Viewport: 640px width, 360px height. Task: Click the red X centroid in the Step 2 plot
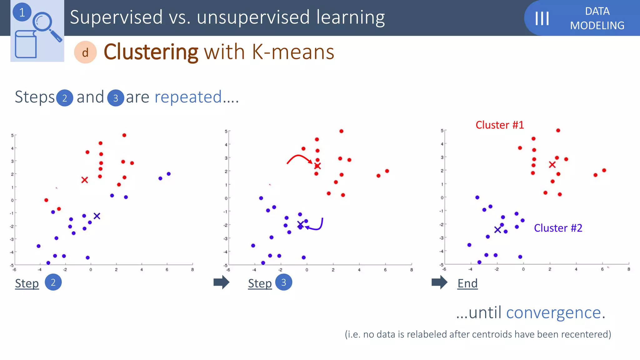[84, 180]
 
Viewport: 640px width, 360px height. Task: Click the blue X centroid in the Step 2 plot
[97, 216]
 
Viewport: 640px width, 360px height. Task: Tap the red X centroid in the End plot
[552, 165]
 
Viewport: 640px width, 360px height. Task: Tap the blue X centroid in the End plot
[497, 230]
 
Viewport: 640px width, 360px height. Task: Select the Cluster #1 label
[499, 125]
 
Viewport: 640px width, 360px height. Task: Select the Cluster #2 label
[558, 228]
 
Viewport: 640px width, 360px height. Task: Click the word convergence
[553, 312]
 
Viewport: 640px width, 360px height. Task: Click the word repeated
[188, 97]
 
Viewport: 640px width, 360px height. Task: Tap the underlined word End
[467, 283]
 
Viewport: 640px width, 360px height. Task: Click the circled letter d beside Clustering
[85, 52]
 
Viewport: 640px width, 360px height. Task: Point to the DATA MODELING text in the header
[597, 18]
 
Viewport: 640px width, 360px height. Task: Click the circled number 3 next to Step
[283, 282]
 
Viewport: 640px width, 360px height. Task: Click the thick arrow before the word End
[439, 282]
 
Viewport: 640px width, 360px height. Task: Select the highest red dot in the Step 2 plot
[124, 135]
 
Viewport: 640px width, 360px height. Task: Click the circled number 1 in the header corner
[22, 12]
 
